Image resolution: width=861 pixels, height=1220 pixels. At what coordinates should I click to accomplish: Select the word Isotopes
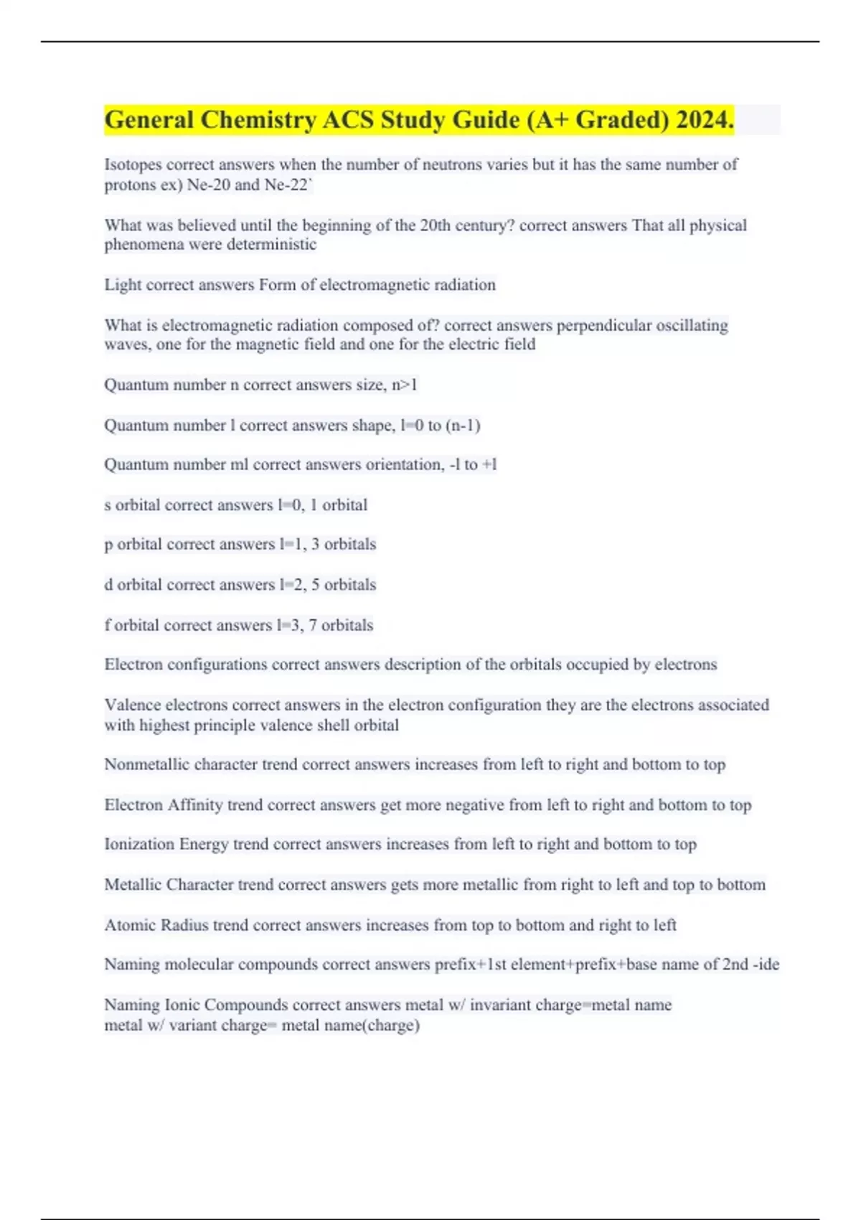coord(133,165)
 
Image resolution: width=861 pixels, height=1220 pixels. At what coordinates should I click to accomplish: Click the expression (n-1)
coord(463,426)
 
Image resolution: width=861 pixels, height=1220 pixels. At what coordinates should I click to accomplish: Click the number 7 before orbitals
coord(313,625)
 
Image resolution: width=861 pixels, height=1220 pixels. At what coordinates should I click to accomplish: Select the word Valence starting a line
coord(133,705)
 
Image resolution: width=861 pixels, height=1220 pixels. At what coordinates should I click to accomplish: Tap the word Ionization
coord(139,845)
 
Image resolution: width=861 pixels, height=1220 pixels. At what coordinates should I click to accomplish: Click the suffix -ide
coord(766,965)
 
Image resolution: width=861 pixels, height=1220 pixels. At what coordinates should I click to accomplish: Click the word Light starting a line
coord(123,285)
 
